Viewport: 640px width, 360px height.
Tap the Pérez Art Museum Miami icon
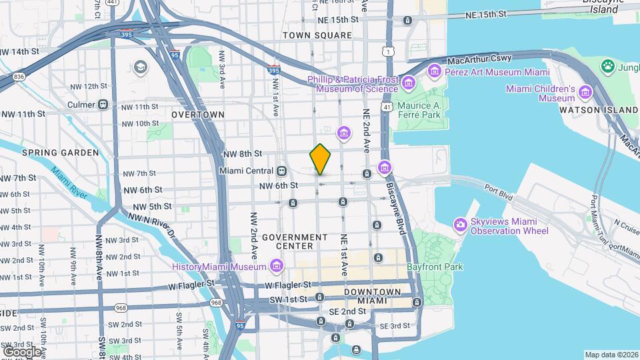(x=435, y=70)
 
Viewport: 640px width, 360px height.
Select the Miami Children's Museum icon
(x=585, y=92)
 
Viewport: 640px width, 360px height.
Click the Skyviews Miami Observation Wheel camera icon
(x=460, y=225)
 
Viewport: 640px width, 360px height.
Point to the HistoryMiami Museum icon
(x=277, y=267)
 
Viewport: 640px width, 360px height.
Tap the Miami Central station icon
(x=282, y=171)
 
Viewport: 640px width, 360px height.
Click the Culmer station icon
(x=103, y=104)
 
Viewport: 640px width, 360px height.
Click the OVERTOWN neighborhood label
(x=197, y=115)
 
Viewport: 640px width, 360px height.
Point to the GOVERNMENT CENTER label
(x=295, y=242)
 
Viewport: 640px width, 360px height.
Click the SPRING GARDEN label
(x=60, y=153)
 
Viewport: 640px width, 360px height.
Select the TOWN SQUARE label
(x=317, y=35)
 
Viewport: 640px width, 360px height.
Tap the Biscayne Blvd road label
(x=394, y=213)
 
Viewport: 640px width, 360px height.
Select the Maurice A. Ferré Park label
(x=420, y=110)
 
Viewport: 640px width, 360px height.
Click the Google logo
(x=22, y=351)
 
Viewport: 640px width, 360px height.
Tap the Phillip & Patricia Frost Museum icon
(x=409, y=83)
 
